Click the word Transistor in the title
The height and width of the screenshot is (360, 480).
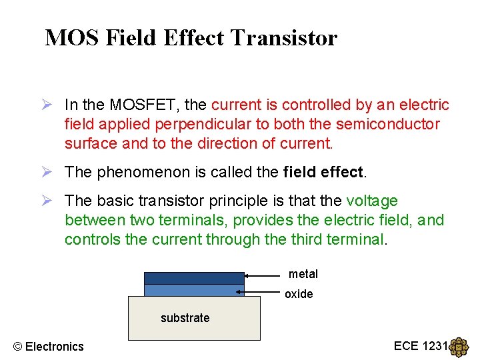[283, 38]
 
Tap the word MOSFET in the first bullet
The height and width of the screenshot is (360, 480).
[147, 105]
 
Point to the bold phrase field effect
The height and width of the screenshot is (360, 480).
[323, 172]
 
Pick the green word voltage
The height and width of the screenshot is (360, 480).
[372, 201]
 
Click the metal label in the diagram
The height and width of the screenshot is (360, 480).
[303, 274]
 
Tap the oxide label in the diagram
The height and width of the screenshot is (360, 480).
[299, 294]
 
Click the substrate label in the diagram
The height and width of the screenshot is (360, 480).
[185, 318]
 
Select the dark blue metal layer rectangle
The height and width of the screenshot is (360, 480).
[194, 278]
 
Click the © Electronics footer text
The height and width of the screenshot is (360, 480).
[49, 346]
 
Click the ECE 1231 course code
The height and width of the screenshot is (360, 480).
[421, 345]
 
